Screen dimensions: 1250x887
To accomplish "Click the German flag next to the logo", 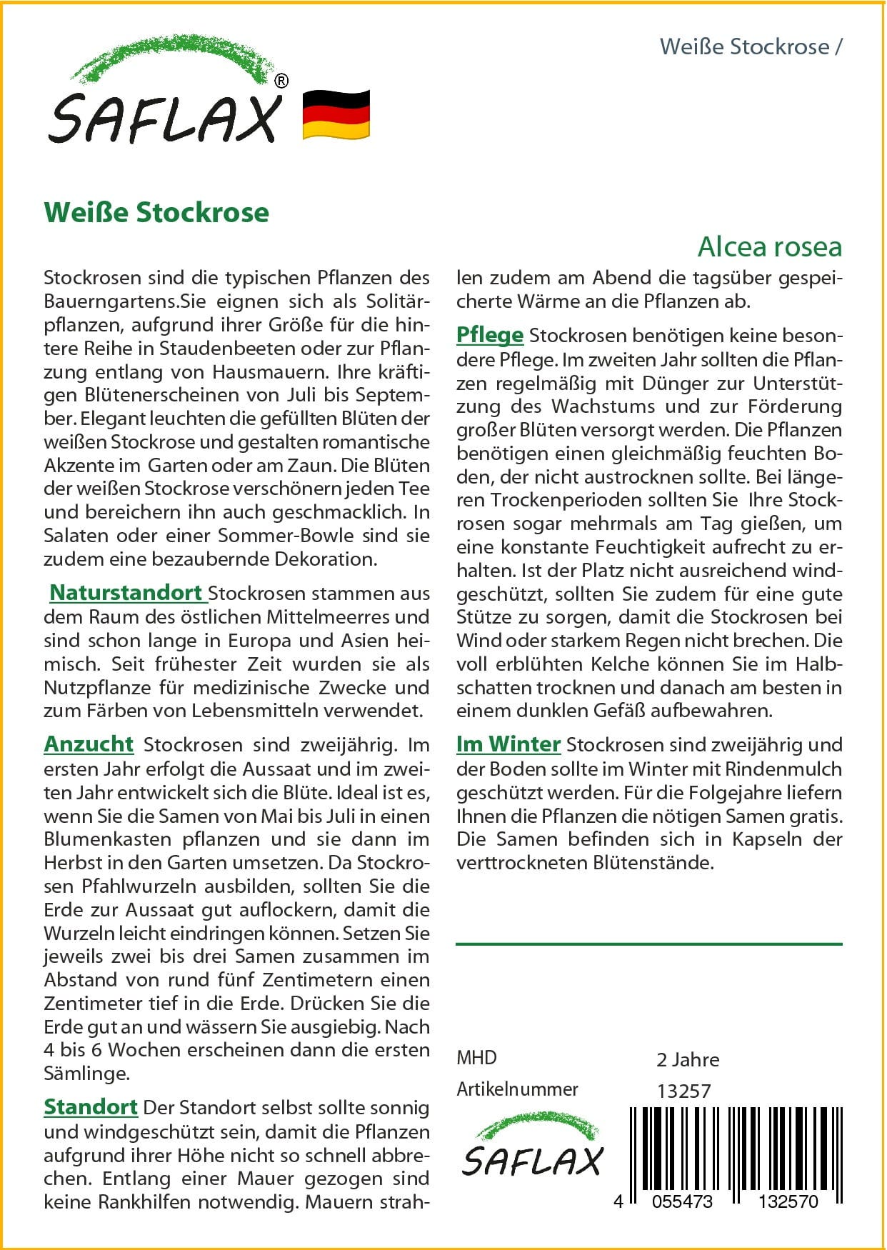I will [x=336, y=114].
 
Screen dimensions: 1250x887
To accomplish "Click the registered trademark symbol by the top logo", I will [x=281, y=81].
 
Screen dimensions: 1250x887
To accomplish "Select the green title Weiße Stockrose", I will [x=156, y=213].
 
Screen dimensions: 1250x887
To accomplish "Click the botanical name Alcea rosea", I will [x=770, y=247].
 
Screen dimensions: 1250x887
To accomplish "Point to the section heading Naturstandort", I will [x=126, y=593].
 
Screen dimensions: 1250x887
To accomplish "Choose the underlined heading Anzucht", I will [x=89, y=744].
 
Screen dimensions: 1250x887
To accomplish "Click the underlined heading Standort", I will [x=91, y=1107].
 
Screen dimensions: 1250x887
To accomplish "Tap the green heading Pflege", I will [x=490, y=335].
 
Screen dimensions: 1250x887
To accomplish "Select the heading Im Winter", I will [x=508, y=744].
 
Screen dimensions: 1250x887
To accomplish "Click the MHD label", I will [x=476, y=1058].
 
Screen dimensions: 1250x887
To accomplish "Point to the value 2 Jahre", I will [x=688, y=1060].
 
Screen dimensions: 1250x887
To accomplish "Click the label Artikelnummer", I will [x=517, y=1089].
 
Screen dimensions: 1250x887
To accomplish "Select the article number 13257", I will [x=683, y=1091].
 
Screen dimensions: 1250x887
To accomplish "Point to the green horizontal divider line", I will [x=648, y=944].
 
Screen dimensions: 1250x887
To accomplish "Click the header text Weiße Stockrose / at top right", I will [x=751, y=47].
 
